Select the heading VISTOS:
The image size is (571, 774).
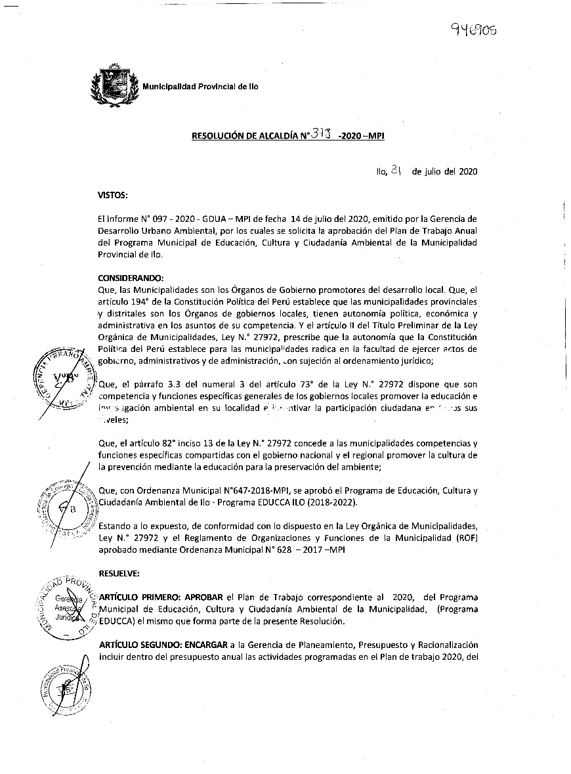click(112, 195)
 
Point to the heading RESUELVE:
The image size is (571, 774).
click(119, 573)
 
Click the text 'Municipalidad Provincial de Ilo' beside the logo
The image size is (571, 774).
click(200, 87)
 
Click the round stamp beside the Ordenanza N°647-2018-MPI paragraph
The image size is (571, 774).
click(64, 508)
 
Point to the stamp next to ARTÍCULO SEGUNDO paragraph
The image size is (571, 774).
click(68, 686)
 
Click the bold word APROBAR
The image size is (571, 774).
click(205, 597)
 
